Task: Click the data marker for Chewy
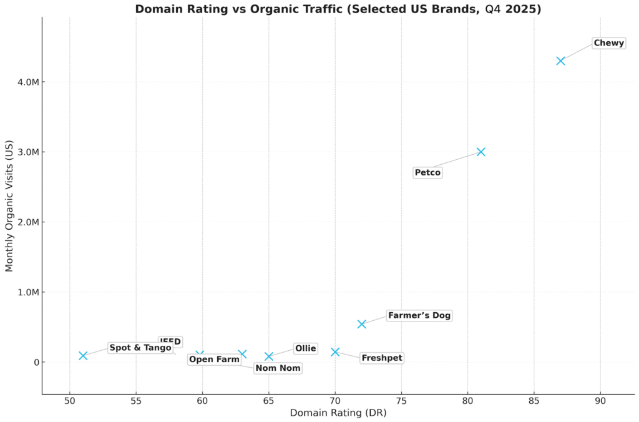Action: coord(560,61)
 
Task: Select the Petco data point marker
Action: coord(480,152)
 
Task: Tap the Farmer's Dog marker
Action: coord(361,324)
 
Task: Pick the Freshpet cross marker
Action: coord(335,352)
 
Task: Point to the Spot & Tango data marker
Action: coord(83,356)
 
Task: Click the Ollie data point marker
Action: coord(269,356)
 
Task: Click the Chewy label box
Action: coord(608,43)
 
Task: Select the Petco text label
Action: coord(427,172)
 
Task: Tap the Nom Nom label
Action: coord(278,368)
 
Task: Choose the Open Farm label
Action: coord(214,359)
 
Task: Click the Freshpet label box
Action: coord(382,358)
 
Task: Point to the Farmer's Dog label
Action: coord(419,315)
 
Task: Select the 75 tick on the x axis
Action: coord(401,400)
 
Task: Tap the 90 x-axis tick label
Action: coord(600,400)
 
